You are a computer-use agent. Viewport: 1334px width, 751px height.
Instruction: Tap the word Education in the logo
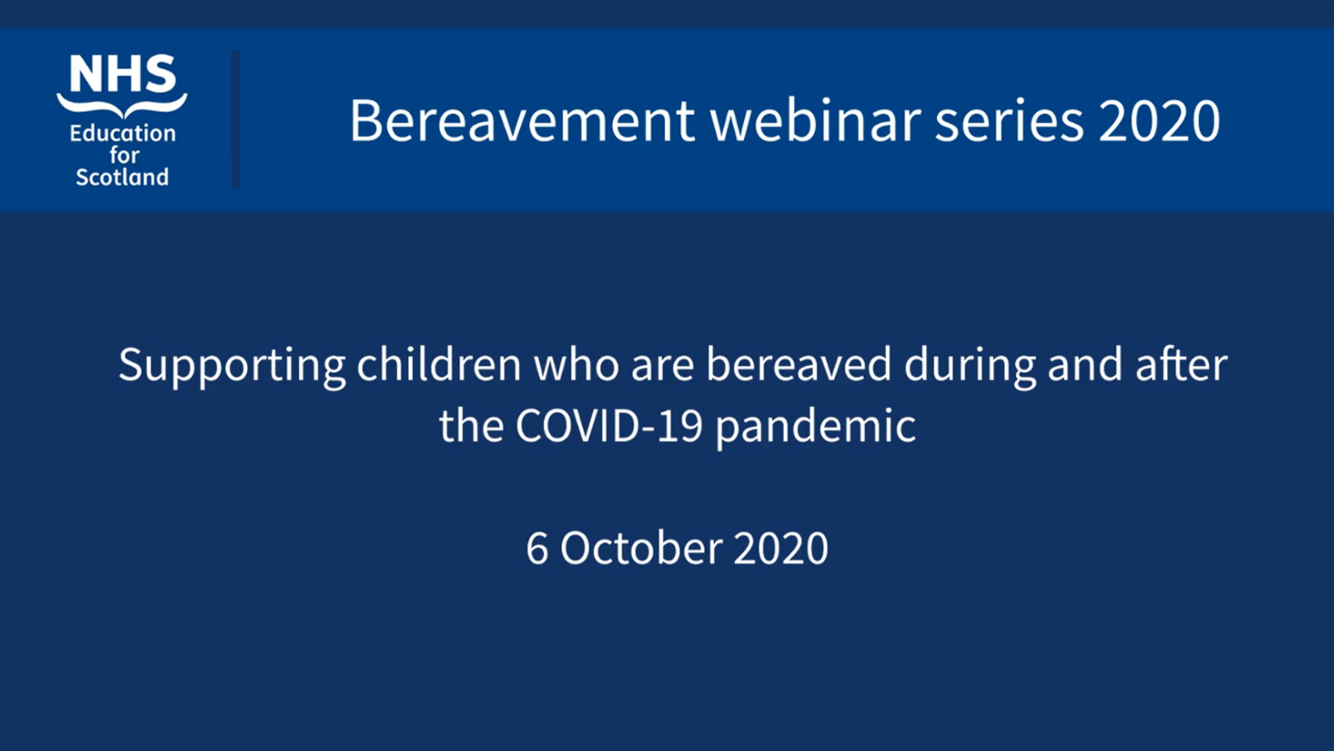pos(123,134)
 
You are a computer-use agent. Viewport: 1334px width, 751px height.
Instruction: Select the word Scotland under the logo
pos(122,177)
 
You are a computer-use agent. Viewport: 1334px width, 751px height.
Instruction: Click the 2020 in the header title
pos(1159,121)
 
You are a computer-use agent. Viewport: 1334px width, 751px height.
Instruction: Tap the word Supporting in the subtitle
pos(232,367)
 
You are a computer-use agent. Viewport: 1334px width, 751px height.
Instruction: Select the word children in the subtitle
pos(439,364)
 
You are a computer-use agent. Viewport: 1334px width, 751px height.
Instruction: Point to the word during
pos(970,367)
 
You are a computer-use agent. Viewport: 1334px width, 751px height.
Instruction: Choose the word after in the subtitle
pos(1182,364)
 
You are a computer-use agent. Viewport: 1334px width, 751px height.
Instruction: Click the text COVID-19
pos(609,426)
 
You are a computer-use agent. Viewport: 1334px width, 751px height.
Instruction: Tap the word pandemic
pos(816,428)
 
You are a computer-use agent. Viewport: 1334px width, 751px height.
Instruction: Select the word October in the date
pos(640,548)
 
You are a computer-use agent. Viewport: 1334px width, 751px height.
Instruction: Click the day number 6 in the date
pos(537,549)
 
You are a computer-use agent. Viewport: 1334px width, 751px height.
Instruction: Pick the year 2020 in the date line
pos(781,549)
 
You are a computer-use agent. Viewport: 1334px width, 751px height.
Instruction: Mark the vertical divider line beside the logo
pos(236,120)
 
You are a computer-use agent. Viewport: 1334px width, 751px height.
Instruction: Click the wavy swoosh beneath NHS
pos(122,105)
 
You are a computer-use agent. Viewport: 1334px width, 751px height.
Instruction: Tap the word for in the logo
pos(124,155)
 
